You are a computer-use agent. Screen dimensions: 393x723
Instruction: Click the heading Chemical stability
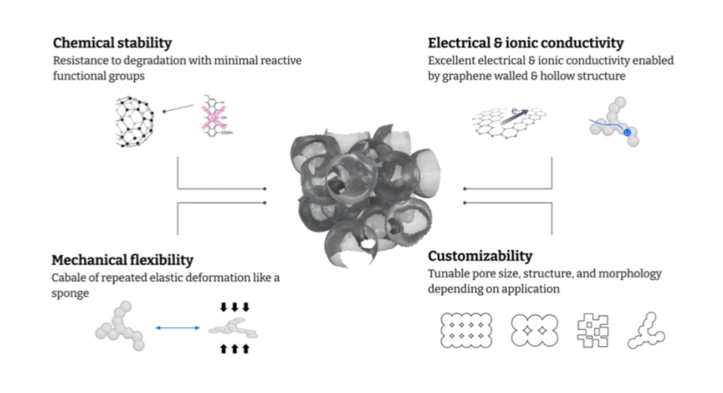point(112,43)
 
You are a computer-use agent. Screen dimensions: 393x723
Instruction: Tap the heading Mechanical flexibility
point(122,260)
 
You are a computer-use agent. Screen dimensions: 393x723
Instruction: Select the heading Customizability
point(480,256)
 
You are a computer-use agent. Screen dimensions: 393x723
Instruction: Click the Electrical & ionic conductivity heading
point(526,43)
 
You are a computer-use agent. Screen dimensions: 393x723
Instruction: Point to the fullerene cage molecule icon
point(134,121)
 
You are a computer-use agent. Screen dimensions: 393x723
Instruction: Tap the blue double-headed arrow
point(177,328)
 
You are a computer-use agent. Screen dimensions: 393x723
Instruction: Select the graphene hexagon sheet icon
point(508,121)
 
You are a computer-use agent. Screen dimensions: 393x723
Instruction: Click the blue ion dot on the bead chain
point(627,133)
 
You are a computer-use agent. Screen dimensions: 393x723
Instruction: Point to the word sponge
point(70,293)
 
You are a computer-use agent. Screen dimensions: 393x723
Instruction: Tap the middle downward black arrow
point(235,308)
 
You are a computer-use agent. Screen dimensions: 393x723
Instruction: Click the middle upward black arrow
point(235,349)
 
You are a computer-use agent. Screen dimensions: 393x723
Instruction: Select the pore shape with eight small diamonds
point(466,331)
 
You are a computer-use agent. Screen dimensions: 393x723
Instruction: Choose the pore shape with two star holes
point(534,331)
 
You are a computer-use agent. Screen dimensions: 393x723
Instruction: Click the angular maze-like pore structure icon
point(593,331)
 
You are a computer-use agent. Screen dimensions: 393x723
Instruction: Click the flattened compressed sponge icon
point(234,328)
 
